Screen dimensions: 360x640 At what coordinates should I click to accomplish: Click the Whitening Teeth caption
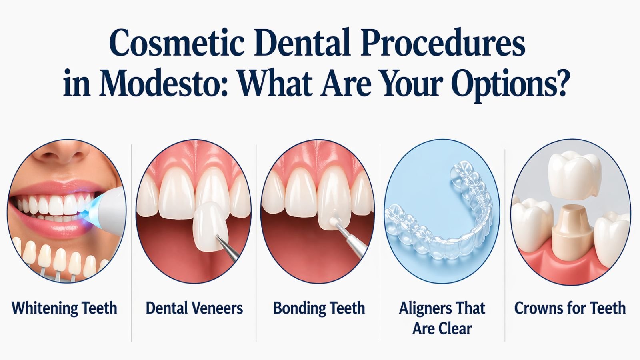pyautogui.click(x=64, y=308)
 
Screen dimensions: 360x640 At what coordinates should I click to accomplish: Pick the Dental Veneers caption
pyautogui.click(x=194, y=308)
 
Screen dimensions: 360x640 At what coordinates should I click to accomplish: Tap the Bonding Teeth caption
pyautogui.click(x=319, y=308)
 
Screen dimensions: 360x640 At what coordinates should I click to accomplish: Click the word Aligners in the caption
pyautogui.click(x=420, y=308)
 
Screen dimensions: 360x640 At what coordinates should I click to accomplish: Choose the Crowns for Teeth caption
pyautogui.click(x=570, y=308)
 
